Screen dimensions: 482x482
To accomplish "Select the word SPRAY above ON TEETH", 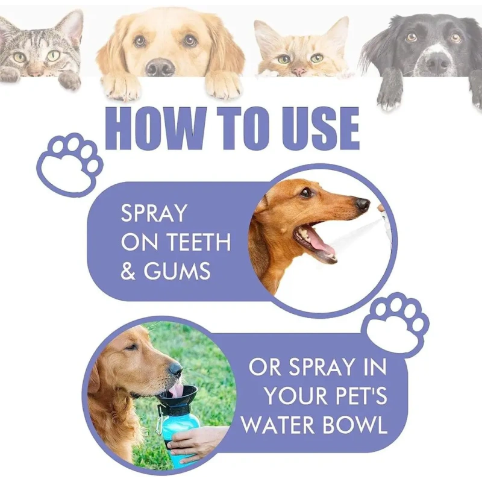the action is pos(154,213).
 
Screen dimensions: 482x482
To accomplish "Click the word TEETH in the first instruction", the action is pos(200,242).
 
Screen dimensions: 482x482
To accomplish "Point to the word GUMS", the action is pos(177,271).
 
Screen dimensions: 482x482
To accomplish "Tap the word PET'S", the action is pos(361,396).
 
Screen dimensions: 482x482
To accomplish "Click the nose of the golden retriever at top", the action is pos(160,66).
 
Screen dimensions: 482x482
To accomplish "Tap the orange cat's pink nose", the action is pos(298,72).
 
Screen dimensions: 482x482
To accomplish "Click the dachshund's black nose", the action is pos(363,204).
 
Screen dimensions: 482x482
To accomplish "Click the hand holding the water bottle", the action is pos(197,441).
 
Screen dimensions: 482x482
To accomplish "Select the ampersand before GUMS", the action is pos(128,271).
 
